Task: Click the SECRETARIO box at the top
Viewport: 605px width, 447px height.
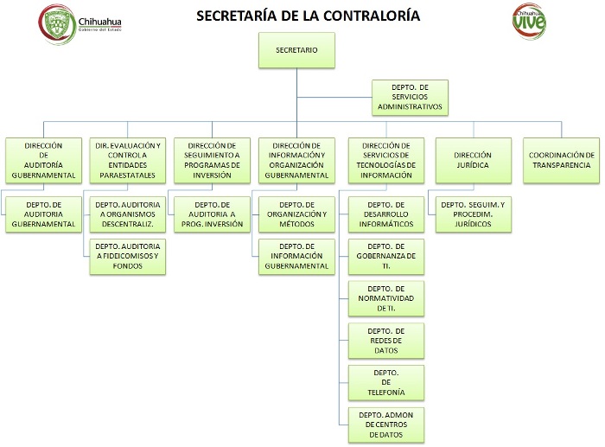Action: click(296, 50)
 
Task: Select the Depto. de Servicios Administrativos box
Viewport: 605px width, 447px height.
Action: click(410, 98)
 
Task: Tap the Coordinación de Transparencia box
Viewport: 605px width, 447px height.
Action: click(562, 159)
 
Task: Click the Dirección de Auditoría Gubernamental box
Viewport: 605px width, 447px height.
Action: click(42, 159)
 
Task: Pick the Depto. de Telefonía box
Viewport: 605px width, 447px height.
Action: click(385, 381)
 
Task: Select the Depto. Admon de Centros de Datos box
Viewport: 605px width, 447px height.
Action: click(385, 424)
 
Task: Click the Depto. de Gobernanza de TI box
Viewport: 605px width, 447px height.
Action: click(385, 257)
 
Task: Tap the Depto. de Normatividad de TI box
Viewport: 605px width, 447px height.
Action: click(385, 297)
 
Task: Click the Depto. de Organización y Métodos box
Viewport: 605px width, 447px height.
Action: click(296, 214)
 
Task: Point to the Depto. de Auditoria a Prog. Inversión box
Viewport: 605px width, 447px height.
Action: click(213, 214)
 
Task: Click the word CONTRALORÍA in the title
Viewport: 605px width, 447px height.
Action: click(365, 16)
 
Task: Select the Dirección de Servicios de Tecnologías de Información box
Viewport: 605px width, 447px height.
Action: click(385, 159)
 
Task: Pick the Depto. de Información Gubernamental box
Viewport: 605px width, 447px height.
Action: click(296, 257)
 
